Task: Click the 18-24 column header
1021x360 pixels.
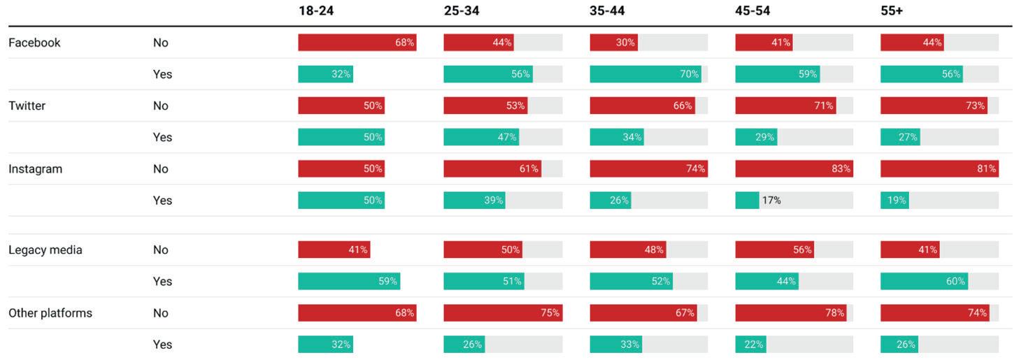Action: click(316, 10)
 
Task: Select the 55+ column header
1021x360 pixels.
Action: click(892, 10)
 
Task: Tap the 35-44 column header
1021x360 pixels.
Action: click(607, 10)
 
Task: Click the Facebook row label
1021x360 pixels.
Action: click(34, 43)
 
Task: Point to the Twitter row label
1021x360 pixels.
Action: click(27, 106)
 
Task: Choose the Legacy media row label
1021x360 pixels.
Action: click(45, 250)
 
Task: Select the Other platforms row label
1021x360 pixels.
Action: click(50, 313)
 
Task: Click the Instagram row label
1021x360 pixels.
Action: click(35, 169)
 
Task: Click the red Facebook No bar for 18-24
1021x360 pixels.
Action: click(357, 43)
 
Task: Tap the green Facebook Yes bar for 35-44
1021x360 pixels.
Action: click(645, 74)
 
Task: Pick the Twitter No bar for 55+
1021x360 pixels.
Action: click(934, 106)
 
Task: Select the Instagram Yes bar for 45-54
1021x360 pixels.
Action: click(747, 201)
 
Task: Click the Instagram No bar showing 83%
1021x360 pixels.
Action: click(794, 169)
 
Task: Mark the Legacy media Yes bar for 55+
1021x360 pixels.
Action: click(924, 282)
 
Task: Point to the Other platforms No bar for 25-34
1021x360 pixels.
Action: click(504, 313)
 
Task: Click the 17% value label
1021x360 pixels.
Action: click(771, 201)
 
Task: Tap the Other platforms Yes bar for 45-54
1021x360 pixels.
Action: click(750, 345)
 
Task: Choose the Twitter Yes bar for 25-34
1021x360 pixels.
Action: click(481, 137)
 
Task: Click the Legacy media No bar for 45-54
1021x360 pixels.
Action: click(775, 250)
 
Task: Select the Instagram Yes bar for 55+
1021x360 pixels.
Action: click(894, 201)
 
